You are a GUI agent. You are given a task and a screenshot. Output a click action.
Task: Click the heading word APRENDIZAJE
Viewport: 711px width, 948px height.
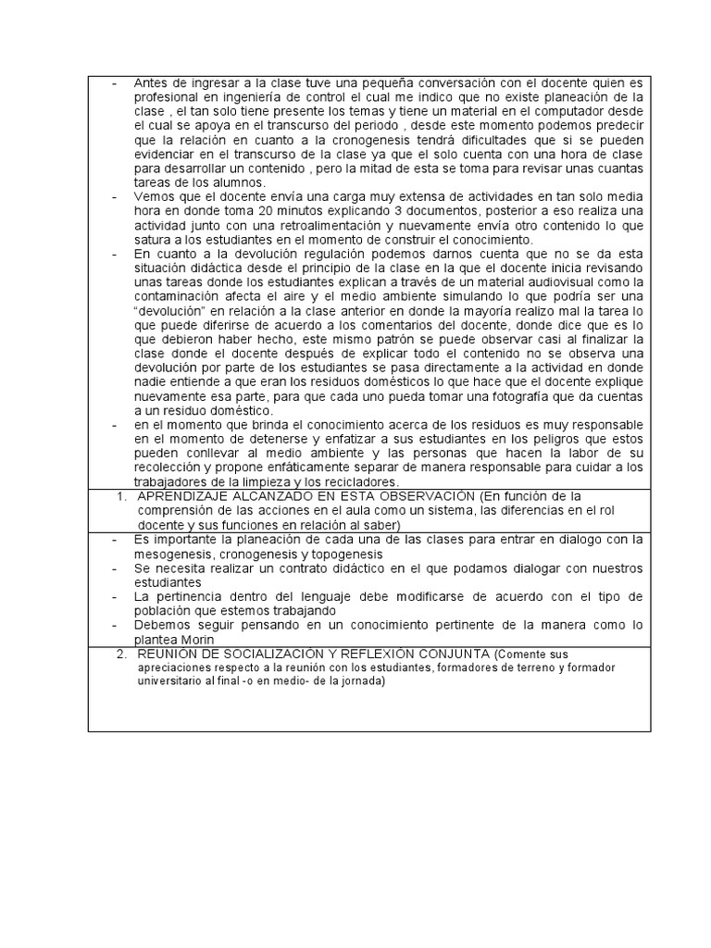pos(185,496)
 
